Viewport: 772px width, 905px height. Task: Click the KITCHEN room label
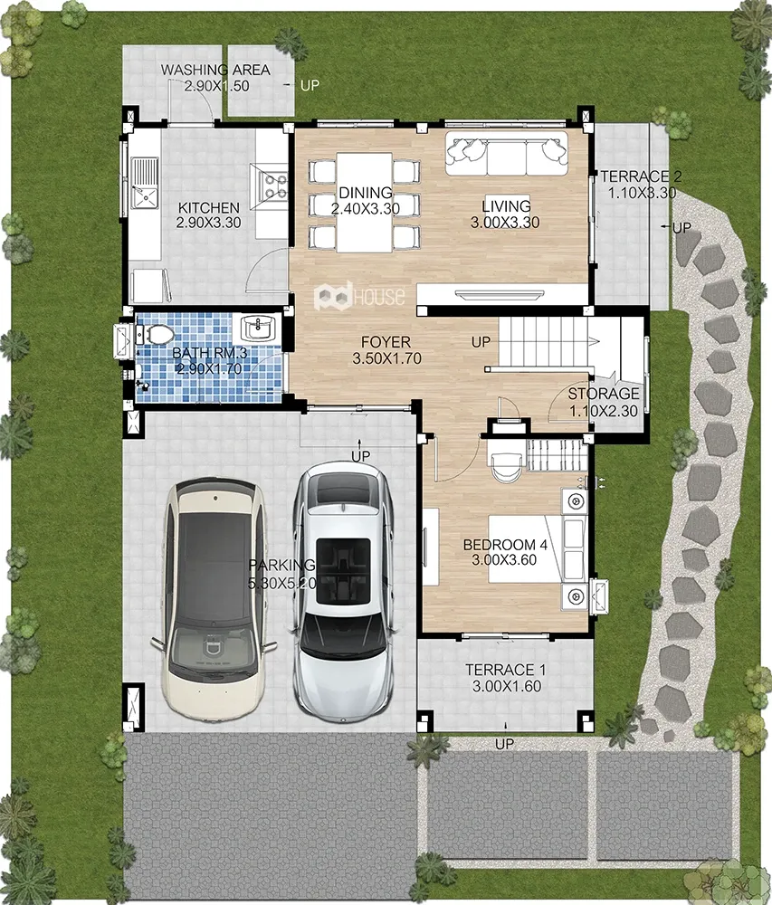(208, 208)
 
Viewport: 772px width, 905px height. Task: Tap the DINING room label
(366, 193)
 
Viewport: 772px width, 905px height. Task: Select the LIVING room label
(506, 206)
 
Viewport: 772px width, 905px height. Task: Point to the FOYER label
(386, 342)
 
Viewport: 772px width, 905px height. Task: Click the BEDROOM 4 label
(505, 545)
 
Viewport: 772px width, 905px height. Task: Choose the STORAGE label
(604, 394)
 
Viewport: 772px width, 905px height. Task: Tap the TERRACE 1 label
(500, 670)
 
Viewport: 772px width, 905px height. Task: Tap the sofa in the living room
(506, 154)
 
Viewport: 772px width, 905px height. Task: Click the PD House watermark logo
(359, 296)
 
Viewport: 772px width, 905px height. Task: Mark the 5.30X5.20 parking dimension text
(281, 584)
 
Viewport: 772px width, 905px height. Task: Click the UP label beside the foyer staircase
(481, 343)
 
